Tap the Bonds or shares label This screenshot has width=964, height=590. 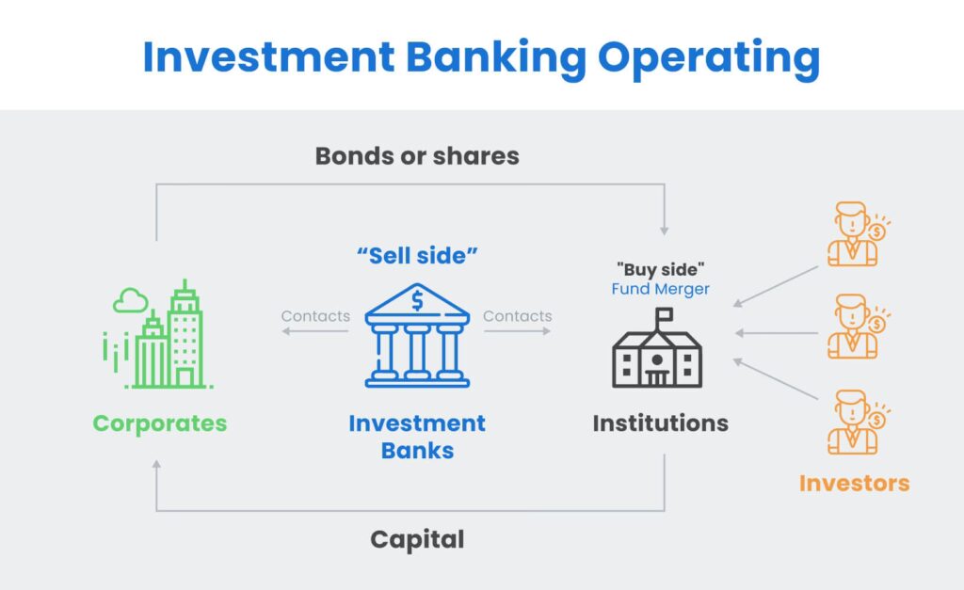(417, 156)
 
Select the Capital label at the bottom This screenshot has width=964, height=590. (417, 539)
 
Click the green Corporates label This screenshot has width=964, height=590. (160, 423)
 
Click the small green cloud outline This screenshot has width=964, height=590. (130, 300)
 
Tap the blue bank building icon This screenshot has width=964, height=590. (417, 335)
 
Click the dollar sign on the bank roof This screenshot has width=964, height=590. (417, 300)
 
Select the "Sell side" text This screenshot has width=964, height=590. (417, 256)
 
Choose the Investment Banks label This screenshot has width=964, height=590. (417, 437)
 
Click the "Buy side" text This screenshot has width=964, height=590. (661, 269)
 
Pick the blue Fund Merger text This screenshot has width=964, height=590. (661, 289)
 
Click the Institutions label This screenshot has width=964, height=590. (661, 423)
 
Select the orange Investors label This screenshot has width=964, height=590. (855, 484)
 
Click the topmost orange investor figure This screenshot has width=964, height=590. (859, 234)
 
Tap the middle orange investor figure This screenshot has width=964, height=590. (859, 327)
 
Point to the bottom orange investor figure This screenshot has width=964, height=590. (859, 423)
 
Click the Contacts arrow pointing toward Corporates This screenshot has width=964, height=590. (315, 331)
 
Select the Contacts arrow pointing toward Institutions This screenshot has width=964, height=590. (518, 331)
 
